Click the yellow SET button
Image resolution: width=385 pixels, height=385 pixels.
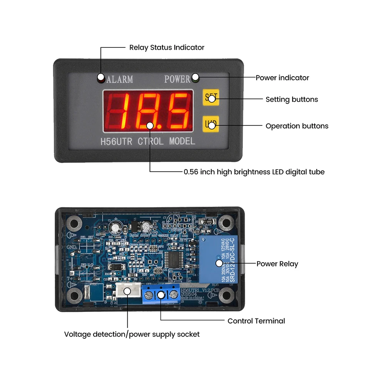pos(211,97)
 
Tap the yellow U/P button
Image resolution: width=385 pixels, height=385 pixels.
pos(211,124)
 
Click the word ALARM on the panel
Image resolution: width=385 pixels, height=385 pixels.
pos(120,79)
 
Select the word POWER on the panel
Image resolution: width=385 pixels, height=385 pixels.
pos(177,79)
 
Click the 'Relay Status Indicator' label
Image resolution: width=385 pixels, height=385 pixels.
pos(167,47)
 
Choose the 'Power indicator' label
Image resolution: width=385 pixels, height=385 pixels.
pos(282,78)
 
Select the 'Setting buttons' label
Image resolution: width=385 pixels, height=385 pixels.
pos(292,99)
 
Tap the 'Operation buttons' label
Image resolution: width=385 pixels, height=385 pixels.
pos(297,126)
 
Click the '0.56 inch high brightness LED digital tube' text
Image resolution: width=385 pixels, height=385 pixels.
pos(254,172)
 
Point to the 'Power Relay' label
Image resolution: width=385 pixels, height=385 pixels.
pos(277,264)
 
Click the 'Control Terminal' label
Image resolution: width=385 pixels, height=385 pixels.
pos(256,321)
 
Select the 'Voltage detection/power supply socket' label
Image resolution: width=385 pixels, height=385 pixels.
pos(132,334)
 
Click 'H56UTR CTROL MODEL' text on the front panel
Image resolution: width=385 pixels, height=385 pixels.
pos(148,141)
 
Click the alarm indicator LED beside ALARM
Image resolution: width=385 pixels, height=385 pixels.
pos(101,77)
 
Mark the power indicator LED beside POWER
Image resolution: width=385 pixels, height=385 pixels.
pos(195,77)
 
